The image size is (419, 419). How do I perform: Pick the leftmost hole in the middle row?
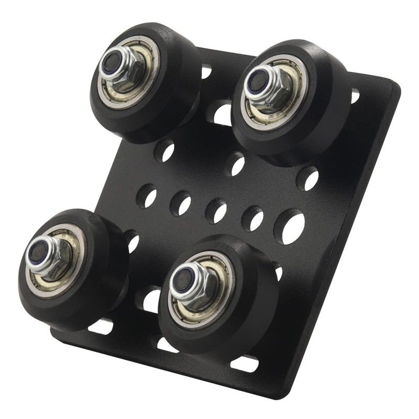(147, 196)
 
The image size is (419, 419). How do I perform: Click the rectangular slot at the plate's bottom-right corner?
(245, 363)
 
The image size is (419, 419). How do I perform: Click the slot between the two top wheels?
(222, 113)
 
